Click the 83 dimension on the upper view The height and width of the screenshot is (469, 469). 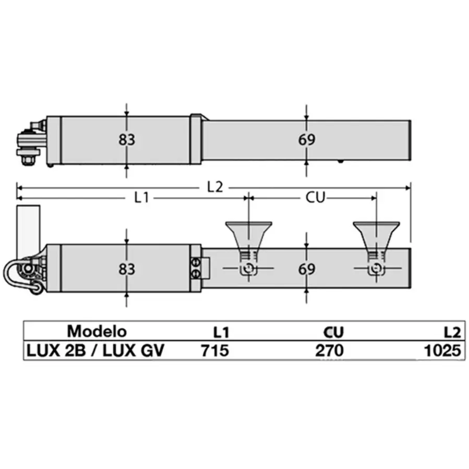point(126,140)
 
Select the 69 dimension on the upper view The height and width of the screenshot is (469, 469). point(307,140)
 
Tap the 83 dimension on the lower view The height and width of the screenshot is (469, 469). point(126,269)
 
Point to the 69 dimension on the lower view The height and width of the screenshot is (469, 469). point(307,269)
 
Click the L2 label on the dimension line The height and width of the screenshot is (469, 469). point(214,187)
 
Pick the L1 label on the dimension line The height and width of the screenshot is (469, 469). point(142,198)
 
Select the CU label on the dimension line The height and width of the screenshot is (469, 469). point(315,198)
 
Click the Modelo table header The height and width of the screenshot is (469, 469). point(97,331)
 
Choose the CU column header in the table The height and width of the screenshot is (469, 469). point(333,332)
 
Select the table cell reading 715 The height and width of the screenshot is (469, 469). point(215,351)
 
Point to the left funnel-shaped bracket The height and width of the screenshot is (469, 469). point(248,235)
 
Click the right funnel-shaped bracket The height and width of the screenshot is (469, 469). point(376,235)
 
